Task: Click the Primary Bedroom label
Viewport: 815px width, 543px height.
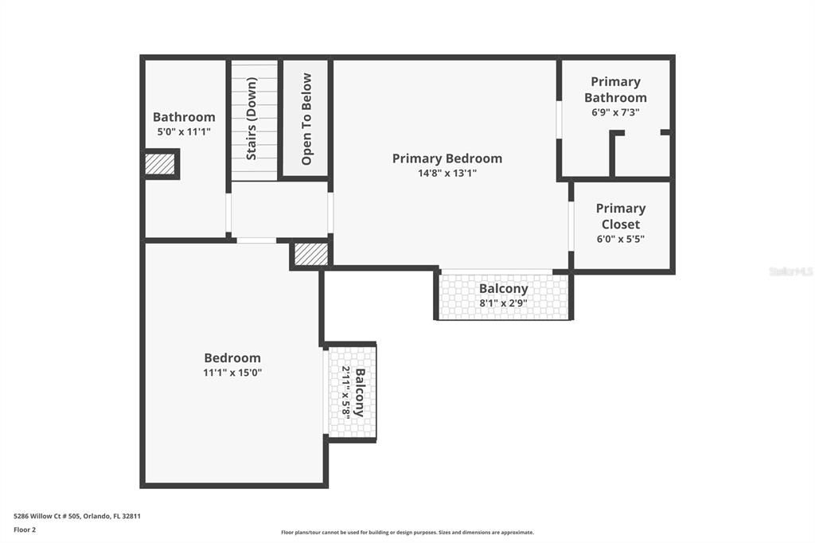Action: coord(446,158)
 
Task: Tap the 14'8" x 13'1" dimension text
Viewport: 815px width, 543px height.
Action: coord(446,173)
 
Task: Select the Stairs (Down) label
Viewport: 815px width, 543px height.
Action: coord(252,119)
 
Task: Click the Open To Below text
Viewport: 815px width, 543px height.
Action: coord(306,119)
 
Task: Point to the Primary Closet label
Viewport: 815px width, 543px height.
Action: coord(620,216)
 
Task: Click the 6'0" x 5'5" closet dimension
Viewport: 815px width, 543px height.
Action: coord(620,239)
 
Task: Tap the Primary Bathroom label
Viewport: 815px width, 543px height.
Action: coord(615,89)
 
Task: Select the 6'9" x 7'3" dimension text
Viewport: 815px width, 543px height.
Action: coord(615,112)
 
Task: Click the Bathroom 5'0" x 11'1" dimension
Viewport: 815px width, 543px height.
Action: coord(184,131)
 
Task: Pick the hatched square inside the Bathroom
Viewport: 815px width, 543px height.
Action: coord(159,164)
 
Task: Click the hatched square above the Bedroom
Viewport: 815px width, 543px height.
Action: coord(310,254)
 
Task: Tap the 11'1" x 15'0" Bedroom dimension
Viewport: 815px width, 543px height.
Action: coord(232,372)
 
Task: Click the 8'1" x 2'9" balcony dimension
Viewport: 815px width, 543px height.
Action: coord(503,303)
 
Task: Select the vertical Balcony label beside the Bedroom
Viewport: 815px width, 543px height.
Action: coord(360,393)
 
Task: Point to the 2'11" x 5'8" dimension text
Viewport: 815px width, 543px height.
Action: coord(346,393)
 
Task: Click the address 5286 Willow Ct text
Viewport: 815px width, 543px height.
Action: coord(77,516)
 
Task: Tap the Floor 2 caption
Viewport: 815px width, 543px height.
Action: coord(25,529)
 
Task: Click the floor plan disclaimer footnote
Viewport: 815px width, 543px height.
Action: coord(407,533)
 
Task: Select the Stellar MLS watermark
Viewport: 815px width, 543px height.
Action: coord(790,271)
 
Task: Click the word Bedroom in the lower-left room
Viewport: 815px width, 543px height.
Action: coord(232,358)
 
